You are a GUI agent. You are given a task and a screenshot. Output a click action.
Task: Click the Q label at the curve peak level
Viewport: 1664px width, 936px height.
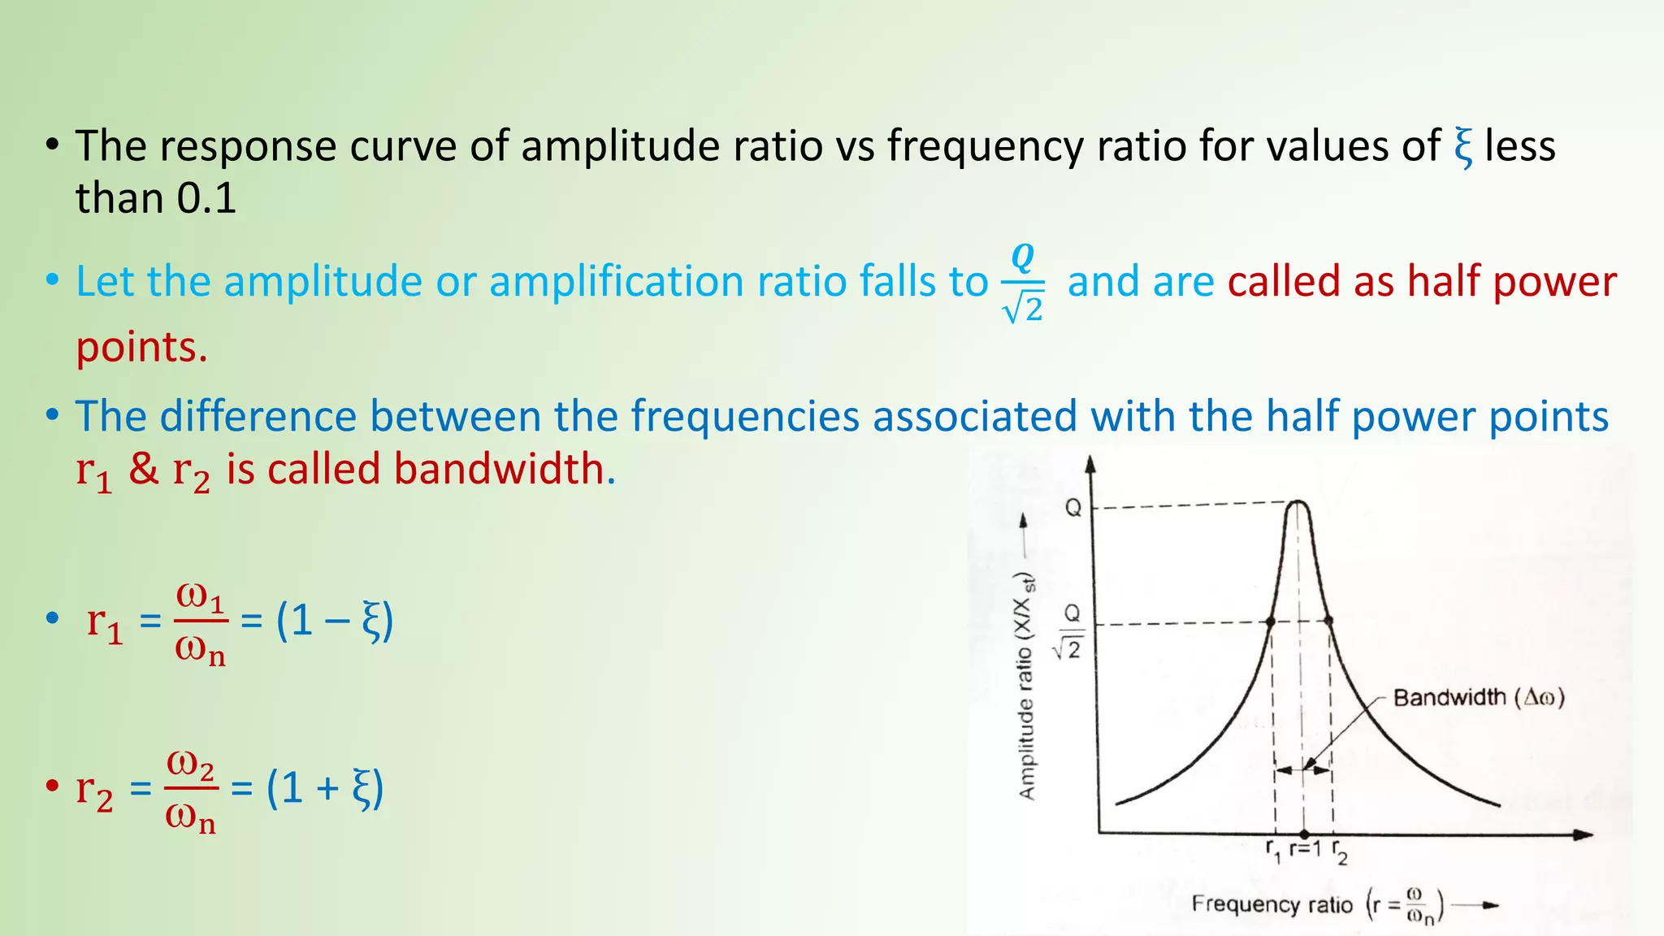(1073, 509)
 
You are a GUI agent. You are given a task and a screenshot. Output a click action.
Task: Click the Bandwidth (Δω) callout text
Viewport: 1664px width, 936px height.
(1478, 698)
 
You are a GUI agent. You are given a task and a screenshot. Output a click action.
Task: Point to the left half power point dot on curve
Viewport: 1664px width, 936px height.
(1271, 622)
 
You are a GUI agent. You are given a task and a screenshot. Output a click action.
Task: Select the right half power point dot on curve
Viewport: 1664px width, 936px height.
(1329, 621)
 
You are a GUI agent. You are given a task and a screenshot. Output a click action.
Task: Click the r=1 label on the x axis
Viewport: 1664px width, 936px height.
(1306, 850)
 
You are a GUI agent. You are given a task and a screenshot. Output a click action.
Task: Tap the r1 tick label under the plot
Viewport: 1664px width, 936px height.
(1273, 851)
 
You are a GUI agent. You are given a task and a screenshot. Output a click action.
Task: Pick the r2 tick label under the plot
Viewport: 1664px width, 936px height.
(1339, 853)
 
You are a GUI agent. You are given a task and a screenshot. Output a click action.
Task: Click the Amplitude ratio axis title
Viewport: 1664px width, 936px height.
(1027, 687)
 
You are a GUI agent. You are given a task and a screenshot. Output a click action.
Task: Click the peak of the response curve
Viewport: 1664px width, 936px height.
(1298, 503)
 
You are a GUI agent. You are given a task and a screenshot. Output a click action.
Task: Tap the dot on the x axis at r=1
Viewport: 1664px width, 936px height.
(1304, 834)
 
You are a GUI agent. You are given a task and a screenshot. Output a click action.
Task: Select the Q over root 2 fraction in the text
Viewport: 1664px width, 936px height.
(1023, 284)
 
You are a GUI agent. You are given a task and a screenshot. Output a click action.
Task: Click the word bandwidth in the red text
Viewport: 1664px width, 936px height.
(499, 470)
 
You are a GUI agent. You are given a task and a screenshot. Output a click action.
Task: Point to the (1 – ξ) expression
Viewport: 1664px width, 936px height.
(335, 622)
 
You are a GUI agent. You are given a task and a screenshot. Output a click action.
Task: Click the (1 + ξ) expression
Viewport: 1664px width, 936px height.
(325, 789)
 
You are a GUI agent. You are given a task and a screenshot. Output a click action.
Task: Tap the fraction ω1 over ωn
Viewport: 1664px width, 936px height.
(201, 623)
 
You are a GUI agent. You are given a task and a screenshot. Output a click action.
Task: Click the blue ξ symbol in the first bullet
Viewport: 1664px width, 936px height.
(1462, 147)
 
